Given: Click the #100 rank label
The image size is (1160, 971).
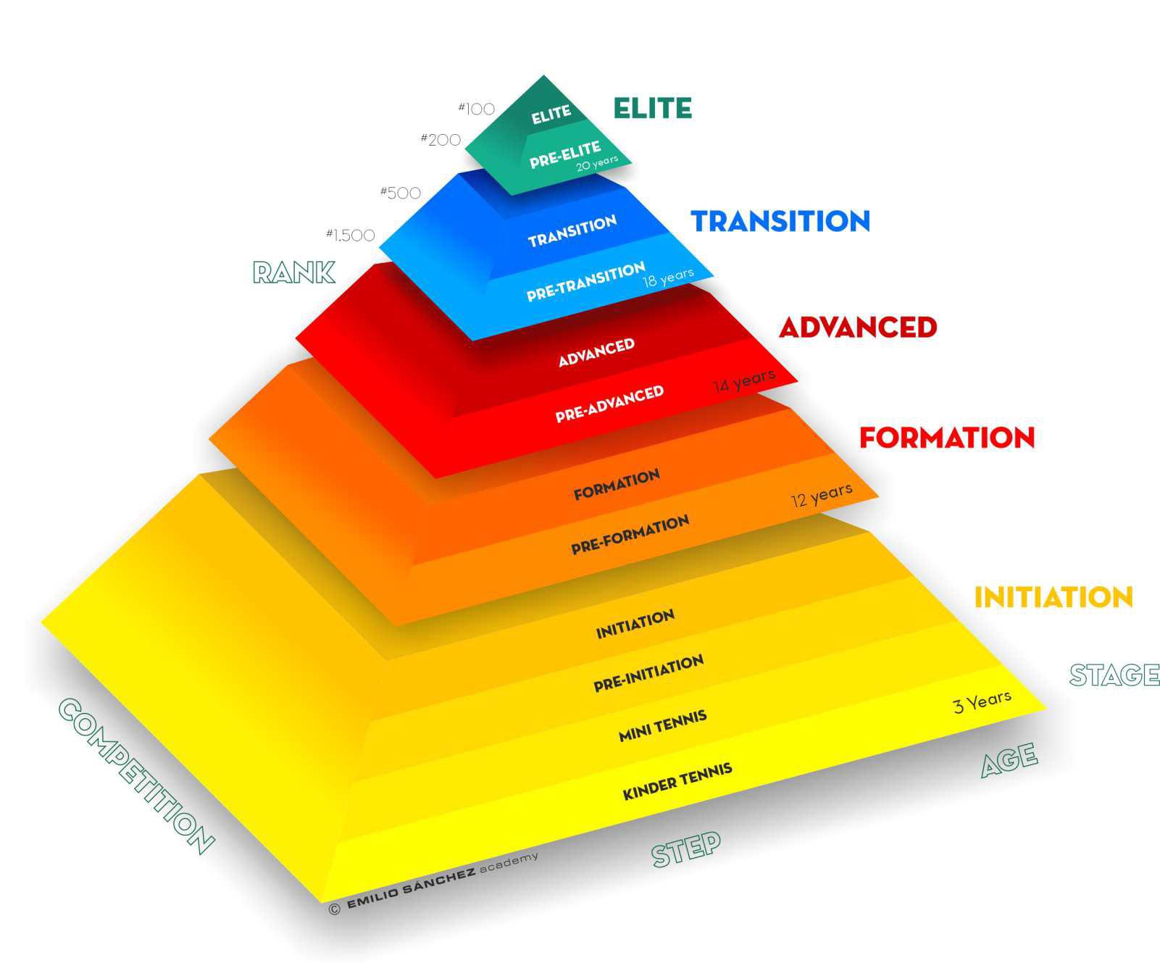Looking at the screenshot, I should (477, 109).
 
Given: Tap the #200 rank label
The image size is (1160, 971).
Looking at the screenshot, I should (441, 139).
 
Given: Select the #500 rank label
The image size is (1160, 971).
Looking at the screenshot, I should (401, 193).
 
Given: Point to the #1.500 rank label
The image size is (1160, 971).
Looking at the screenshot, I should (351, 235).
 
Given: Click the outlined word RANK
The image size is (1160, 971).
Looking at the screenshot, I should (293, 272).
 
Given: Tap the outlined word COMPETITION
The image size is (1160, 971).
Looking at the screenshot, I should (135, 775).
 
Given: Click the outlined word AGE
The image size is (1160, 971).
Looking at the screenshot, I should (1009, 760).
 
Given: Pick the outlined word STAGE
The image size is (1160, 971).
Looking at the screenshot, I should (1114, 675).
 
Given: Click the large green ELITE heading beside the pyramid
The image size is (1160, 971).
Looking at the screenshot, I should (652, 109).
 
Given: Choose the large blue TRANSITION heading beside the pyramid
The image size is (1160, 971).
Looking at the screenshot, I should (780, 221).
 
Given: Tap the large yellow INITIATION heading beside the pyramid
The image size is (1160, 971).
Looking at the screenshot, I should (1053, 597).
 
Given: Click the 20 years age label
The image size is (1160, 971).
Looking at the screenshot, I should (597, 164).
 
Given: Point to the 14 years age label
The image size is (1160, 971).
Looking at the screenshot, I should (744, 380).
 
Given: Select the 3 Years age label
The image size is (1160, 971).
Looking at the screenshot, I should (982, 701).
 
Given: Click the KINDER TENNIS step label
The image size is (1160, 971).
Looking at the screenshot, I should (677, 782).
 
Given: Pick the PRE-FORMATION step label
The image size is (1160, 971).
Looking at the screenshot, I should (630, 535).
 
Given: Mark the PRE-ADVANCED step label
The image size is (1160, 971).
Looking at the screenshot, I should (609, 404).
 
